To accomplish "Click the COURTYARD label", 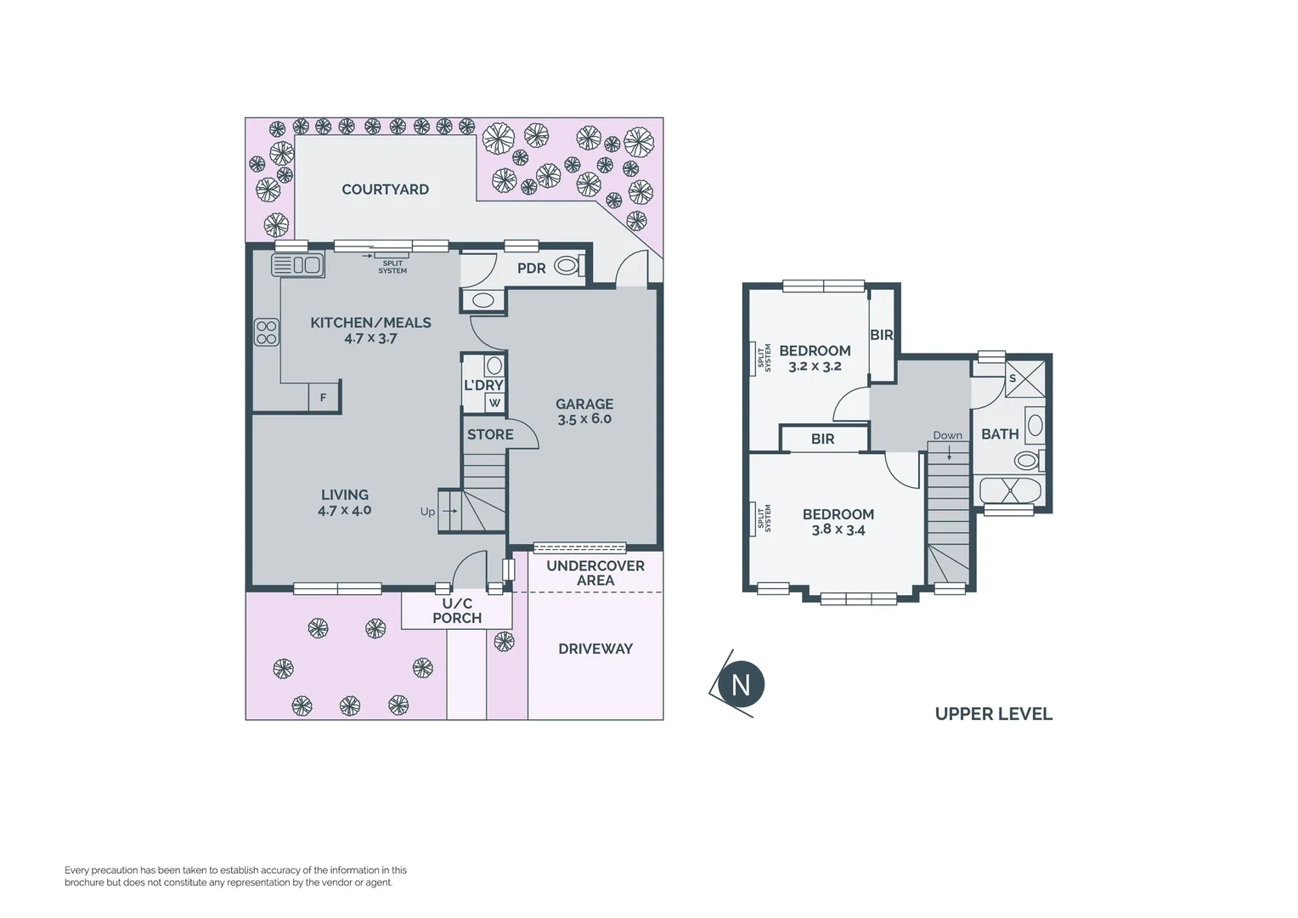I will [385, 190].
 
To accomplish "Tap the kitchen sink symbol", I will [297, 265].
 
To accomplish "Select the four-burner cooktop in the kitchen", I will [267, 332].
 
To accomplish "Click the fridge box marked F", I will [323, 398].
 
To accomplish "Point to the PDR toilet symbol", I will [567, 266].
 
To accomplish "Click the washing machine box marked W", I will [494, 403].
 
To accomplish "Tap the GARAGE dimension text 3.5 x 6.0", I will [584, 419].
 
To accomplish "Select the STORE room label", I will [490, 434].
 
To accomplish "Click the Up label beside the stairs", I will [427, 512].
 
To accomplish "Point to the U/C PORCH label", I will [457, 611].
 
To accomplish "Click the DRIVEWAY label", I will [595, 649].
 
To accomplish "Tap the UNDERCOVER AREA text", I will [595, 573].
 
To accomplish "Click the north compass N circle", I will [741, 684].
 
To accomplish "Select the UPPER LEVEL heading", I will [993, 714].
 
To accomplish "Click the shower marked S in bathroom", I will [1025, 379].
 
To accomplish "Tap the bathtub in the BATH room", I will [1009, 490].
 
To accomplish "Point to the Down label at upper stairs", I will [947, 435].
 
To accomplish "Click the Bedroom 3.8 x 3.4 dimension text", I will [838, 530].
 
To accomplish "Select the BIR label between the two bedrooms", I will [822, 439].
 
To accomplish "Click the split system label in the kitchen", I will [392, 267].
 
